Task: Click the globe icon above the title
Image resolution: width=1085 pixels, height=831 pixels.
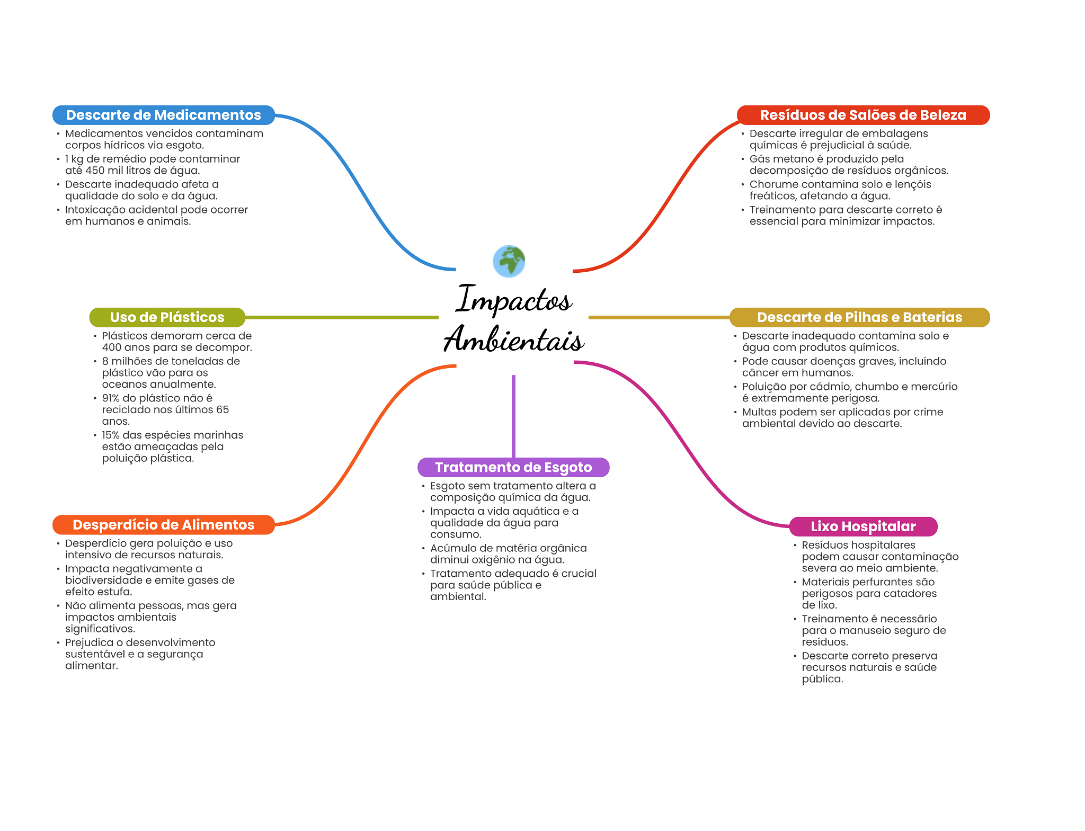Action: [509, 261]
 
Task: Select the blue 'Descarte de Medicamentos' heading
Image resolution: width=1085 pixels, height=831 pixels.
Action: [164, 115]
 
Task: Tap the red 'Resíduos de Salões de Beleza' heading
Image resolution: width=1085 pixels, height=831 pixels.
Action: [863, 115]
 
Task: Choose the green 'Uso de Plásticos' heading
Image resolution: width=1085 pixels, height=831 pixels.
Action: [167, 317]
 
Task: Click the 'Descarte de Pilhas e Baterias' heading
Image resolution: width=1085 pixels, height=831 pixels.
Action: [859, 317]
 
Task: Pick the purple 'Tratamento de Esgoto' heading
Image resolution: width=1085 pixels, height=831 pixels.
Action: [513, 467]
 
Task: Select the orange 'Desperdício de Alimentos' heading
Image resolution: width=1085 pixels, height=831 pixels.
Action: [164, 525]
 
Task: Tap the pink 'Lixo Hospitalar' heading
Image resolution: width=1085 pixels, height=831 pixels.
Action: [863, 526]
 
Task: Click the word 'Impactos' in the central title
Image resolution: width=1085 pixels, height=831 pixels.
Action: [514, 299]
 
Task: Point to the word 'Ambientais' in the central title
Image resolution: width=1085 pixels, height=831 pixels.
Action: [514, 339]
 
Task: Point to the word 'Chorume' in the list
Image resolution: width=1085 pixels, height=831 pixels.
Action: [773, 184]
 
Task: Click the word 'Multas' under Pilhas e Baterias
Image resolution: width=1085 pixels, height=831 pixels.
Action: [759, 412]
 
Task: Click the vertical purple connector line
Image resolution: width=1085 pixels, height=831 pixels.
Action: [513, 416]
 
